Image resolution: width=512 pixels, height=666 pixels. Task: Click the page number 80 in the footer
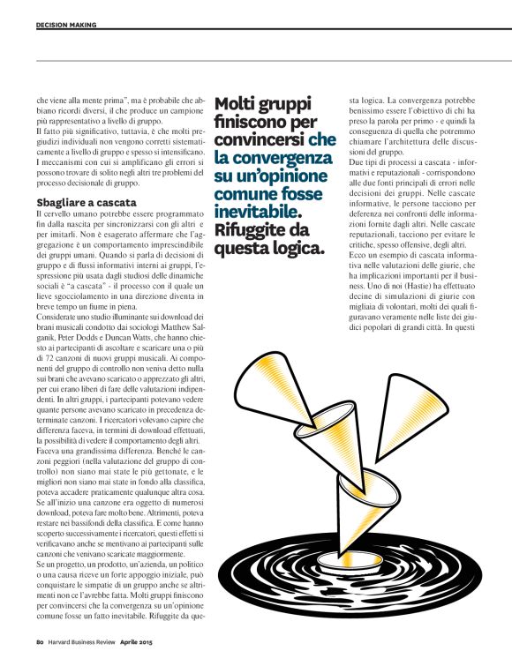[40, 641]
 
